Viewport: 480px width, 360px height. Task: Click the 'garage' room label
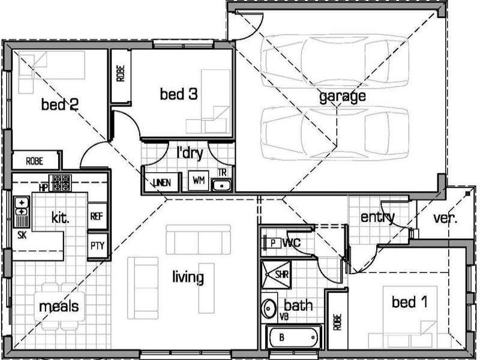(x=342, y=96)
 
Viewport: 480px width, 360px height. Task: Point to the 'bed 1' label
(x=409, y=302)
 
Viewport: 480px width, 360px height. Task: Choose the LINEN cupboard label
(x=160, y=182)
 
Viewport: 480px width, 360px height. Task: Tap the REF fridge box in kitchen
(x=96, y=216)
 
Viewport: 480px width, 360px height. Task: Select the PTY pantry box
(x=96, y=245)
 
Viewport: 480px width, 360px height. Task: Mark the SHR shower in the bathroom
(x=282, y=274)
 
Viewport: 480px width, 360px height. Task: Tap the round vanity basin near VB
(x=269, y=307)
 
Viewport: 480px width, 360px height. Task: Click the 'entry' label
(x=377, y=217)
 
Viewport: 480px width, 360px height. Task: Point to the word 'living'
(x=188, y=278)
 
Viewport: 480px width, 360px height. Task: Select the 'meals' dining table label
(x=59, y=307)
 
